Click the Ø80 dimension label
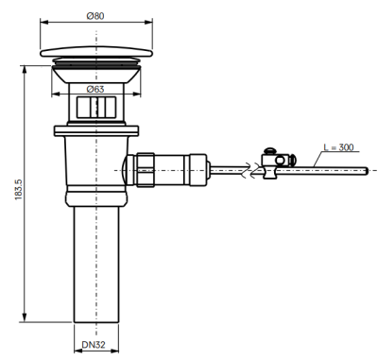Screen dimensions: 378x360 pyautogui.click(x=95, y=16)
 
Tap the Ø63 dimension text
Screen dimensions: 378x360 pyautogui.click(x=95, y=89)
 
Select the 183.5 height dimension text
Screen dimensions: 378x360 pyautogui.click(x=19, y=189)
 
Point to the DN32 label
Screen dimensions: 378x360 pyautogui.click(x=94, y=345)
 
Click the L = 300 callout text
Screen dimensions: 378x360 pyautogui.click(x=339, y=147)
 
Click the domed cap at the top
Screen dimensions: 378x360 pyautogui.click(x=96, y=52)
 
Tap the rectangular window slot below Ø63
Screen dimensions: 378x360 pyautogui.click(x=96, y=108)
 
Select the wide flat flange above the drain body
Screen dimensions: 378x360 pyautogui.click(x=96, y=130)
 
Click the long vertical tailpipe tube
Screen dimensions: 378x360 pyautogui.click(x=96, y=265)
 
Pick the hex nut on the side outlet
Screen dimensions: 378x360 pyautogui.click(x=146, y=170)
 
